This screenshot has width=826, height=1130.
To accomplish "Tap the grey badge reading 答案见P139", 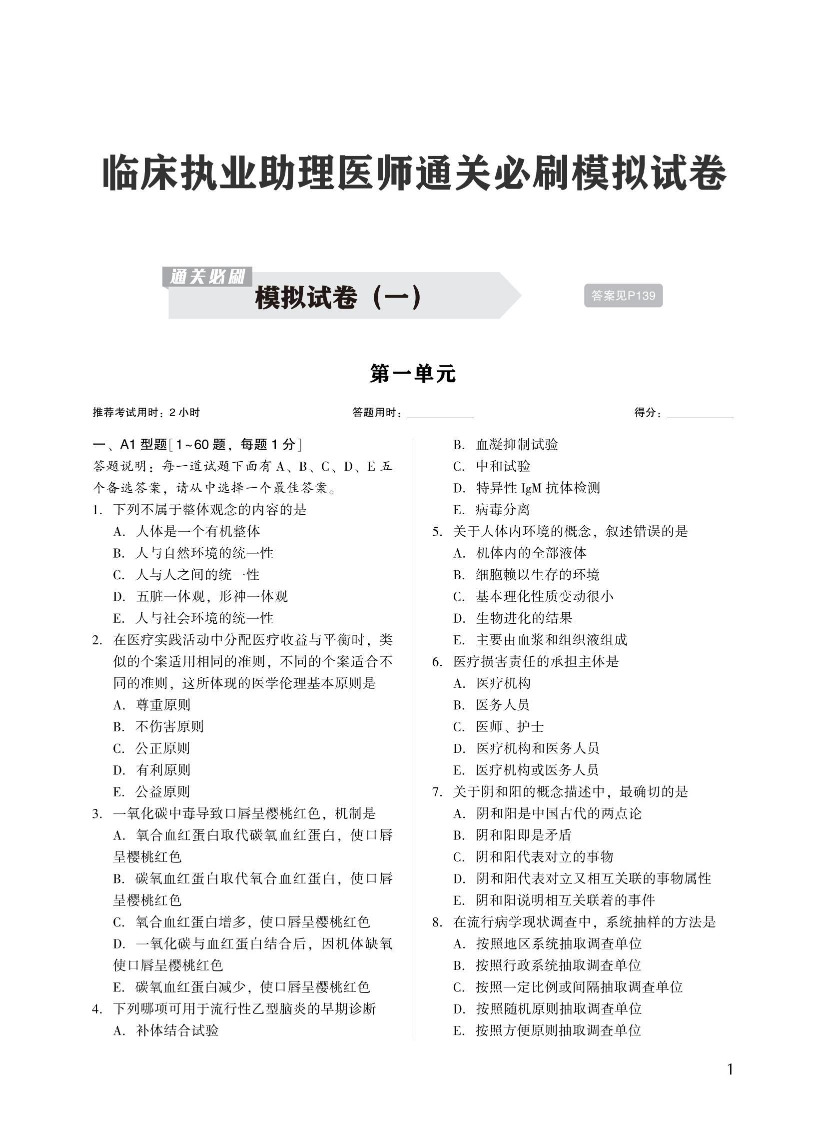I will (x=623, y=296).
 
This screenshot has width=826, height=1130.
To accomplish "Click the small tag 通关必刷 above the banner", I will (x=207, y=277).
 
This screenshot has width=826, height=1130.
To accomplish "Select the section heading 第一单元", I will (x=412, y=374).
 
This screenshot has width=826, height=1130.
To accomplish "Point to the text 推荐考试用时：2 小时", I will (x=146, y=412).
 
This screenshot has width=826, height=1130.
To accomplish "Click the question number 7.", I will (x=437, y=792).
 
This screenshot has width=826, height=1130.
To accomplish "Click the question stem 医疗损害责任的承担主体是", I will (x=536, y=662).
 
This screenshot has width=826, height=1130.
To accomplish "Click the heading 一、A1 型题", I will (x=130, y=444).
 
